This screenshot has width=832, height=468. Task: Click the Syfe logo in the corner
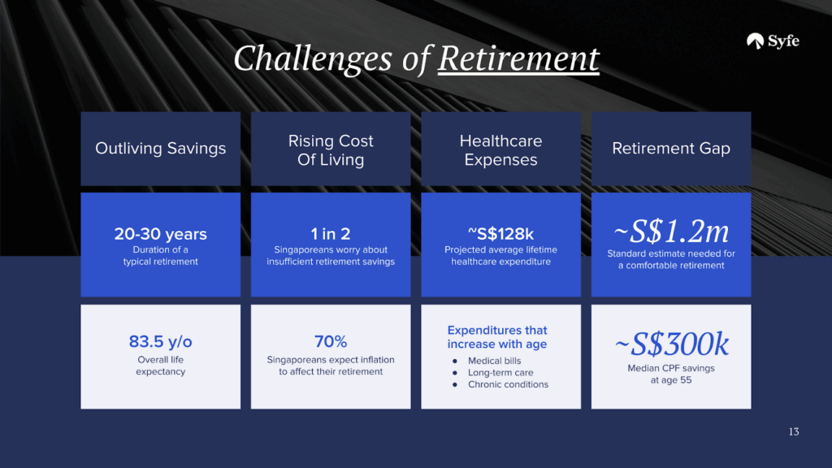773,41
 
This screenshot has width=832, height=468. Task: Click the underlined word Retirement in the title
518,58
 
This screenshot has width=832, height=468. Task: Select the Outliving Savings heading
160,148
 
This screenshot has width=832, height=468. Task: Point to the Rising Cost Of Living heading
331,150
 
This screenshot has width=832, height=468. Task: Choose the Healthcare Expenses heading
500,150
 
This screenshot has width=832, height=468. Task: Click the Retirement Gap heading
671,148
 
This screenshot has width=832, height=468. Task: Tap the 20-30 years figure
160,233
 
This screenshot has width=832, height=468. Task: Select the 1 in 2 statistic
331,233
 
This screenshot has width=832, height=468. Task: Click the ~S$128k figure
500,233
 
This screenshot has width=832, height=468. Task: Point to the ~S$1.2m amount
671,232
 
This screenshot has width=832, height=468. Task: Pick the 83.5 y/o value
160,341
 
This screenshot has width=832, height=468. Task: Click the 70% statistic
331,341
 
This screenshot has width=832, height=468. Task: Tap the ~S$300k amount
671,344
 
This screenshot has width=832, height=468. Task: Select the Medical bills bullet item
494,361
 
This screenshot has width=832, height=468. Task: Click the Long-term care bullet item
500,372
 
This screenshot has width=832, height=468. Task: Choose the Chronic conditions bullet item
508,384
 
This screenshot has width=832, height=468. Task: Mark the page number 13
794,432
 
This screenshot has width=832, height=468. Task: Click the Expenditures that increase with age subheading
497,337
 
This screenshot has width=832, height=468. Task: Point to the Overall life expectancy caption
160,366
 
